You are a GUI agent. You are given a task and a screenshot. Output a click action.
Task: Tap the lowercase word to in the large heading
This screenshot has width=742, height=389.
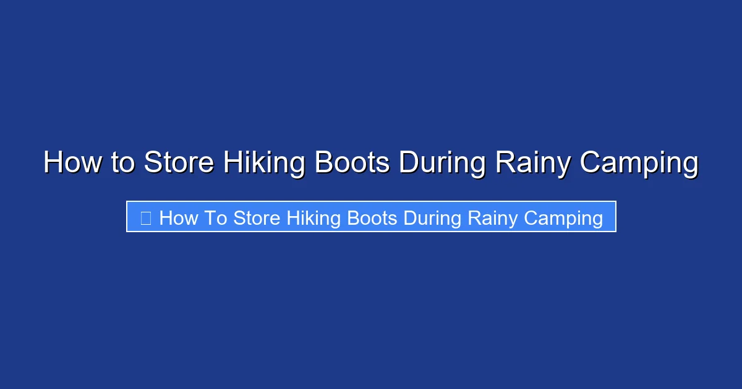click(x=123, y=163)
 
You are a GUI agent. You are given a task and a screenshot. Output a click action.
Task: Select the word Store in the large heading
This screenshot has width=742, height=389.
click(x=179, y=163)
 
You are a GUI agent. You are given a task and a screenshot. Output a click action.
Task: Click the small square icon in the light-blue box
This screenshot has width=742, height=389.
click(x=146, y=217)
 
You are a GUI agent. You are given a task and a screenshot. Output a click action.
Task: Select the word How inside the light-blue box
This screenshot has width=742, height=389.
click(x=178, y=217)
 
